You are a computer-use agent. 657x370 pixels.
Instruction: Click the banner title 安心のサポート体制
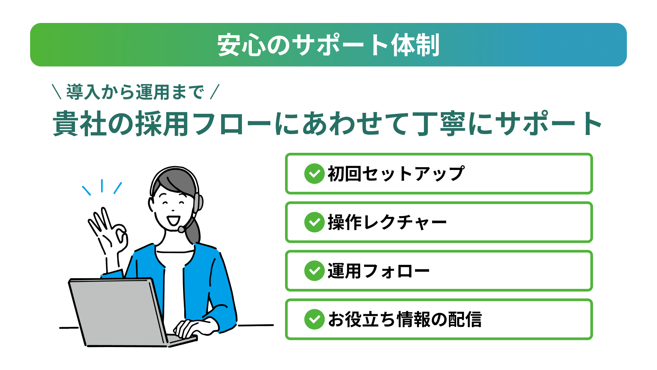(328, 45)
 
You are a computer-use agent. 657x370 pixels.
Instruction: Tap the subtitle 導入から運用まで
(135, 92)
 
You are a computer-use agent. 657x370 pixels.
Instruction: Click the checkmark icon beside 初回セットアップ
(314, 174)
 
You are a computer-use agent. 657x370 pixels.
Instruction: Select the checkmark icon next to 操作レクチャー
(314, 222)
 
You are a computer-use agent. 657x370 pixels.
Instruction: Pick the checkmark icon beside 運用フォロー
(314, 271)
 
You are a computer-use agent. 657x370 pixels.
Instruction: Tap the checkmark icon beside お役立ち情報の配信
(314, 319)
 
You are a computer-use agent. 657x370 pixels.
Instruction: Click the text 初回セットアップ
(396, 174)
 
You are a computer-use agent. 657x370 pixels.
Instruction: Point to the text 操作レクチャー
(387, 222)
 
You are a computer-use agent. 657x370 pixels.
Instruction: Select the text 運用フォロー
(378, 271)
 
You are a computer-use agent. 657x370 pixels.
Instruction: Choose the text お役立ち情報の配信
(405, 319)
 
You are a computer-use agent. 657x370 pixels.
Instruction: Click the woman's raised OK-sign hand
(108, 233)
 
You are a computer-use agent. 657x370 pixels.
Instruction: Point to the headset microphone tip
(181, 229)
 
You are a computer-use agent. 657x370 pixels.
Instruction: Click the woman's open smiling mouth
(173, 220)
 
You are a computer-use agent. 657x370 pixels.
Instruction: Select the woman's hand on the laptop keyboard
(195, 328)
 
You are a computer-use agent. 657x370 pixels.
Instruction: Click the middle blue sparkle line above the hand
(102, 186)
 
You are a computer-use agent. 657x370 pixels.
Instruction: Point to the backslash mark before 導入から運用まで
(56, 92)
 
